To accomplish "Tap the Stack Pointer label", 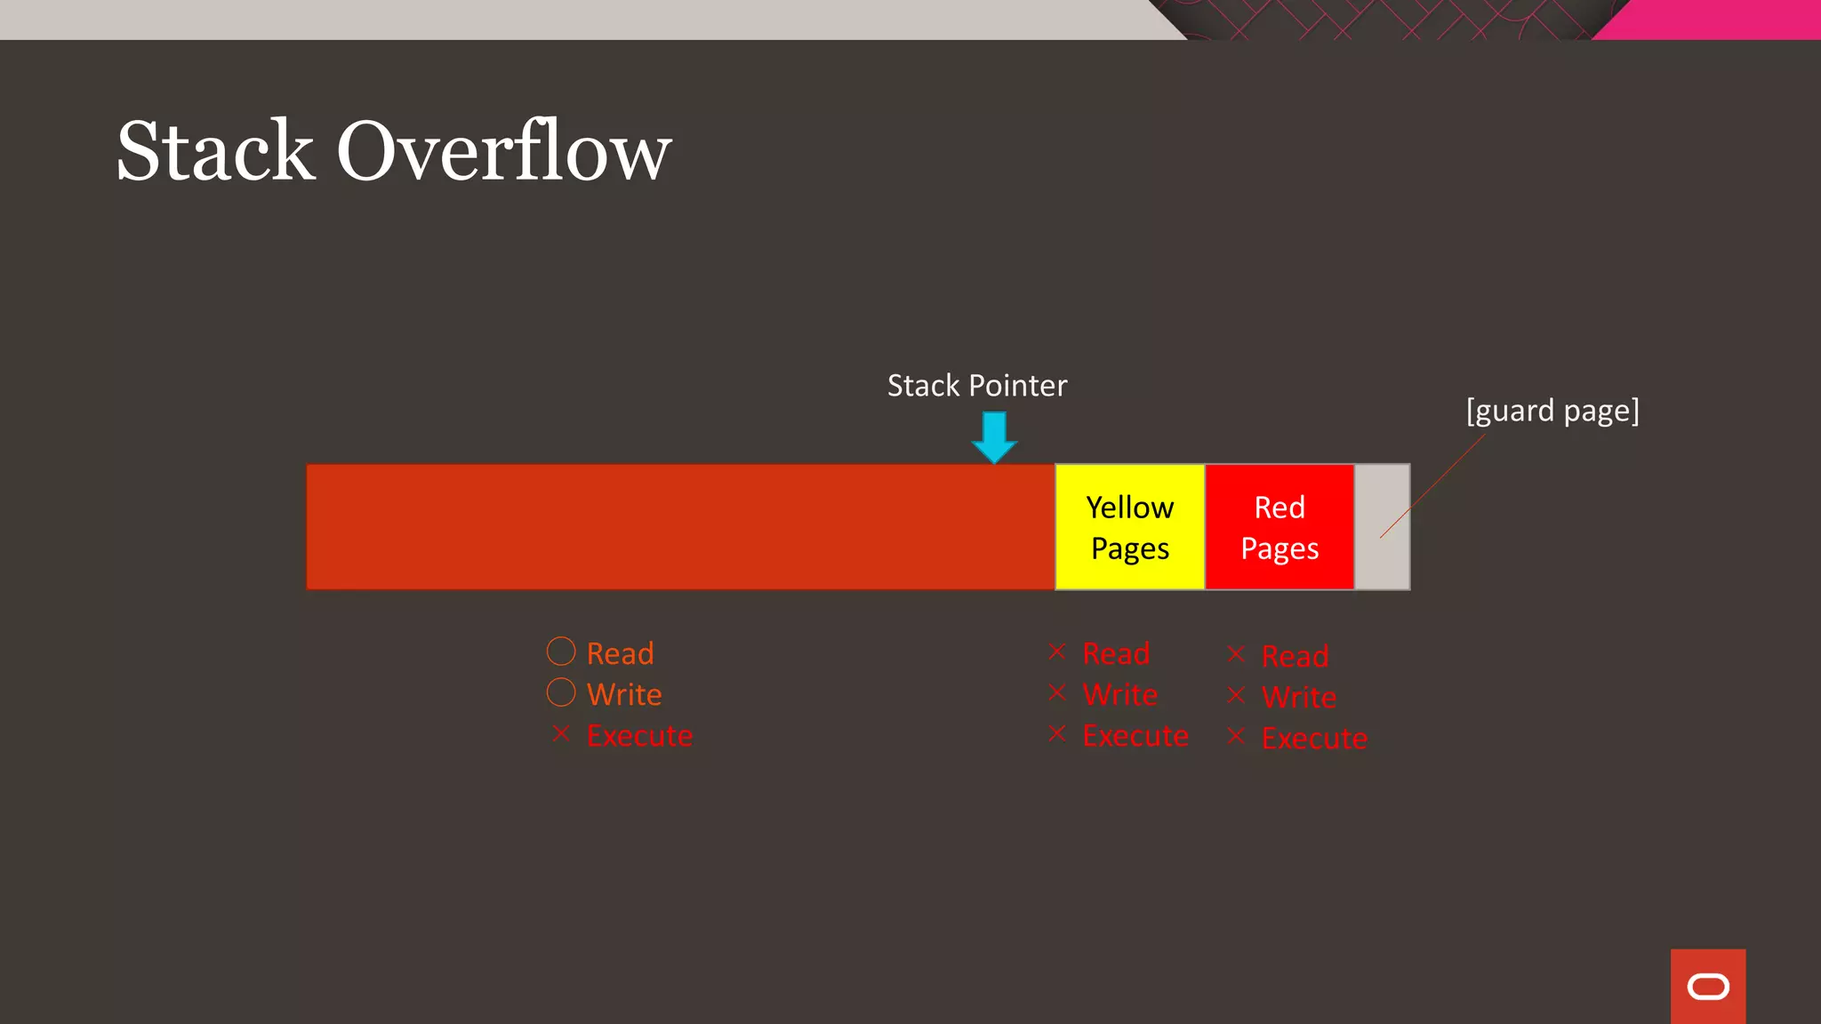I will [976, 386].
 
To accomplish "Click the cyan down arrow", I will [994, 436].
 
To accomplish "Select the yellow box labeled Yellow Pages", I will [1129, 527].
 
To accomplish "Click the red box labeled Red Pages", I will [1279, 527].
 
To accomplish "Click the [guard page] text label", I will [1552, 411].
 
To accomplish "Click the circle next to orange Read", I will [561, 652].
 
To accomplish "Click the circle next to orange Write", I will [561, 692].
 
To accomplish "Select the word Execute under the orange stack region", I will [639, 736].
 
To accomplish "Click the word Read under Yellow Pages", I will [1116, 654].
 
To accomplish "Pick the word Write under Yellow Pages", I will [1119, 695].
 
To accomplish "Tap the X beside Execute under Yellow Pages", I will [1056, 733].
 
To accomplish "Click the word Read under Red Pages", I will [1295, 657].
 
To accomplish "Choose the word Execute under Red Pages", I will [1314, 739].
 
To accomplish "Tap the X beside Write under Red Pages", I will [1236, 695].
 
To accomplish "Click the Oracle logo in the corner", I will [1707, 987].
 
